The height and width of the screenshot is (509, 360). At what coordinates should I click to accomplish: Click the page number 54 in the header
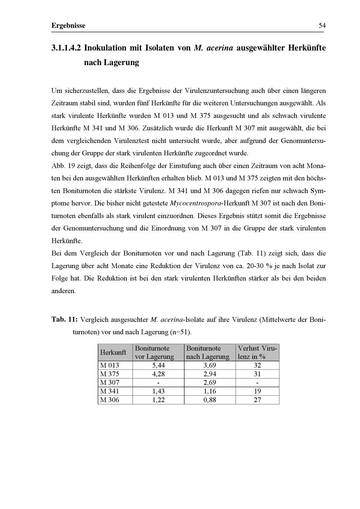point(322,26)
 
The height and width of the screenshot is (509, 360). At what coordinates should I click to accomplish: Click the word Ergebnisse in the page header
point(68,26)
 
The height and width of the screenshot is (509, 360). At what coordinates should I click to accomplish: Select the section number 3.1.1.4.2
point(67,48)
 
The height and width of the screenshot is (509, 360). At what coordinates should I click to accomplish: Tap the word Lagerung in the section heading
point(121,62)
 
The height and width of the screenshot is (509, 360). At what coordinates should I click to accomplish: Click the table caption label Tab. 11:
point(64,319)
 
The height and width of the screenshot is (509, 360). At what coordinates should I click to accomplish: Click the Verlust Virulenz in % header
point(257,353)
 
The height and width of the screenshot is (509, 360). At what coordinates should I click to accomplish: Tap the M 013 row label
point(109,365)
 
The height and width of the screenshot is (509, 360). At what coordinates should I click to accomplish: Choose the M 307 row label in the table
point(109,382)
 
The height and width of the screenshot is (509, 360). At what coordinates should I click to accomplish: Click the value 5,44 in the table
point(158,365)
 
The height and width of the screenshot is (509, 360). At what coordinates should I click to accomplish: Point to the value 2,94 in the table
point(210,374)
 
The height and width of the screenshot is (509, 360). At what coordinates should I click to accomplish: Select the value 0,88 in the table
point(210,400)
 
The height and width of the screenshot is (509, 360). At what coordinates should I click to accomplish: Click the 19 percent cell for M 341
point(257,391)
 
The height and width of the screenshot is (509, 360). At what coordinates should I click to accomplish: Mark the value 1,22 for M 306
point(158,400)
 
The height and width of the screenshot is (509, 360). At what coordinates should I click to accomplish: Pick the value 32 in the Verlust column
point(257,365)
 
